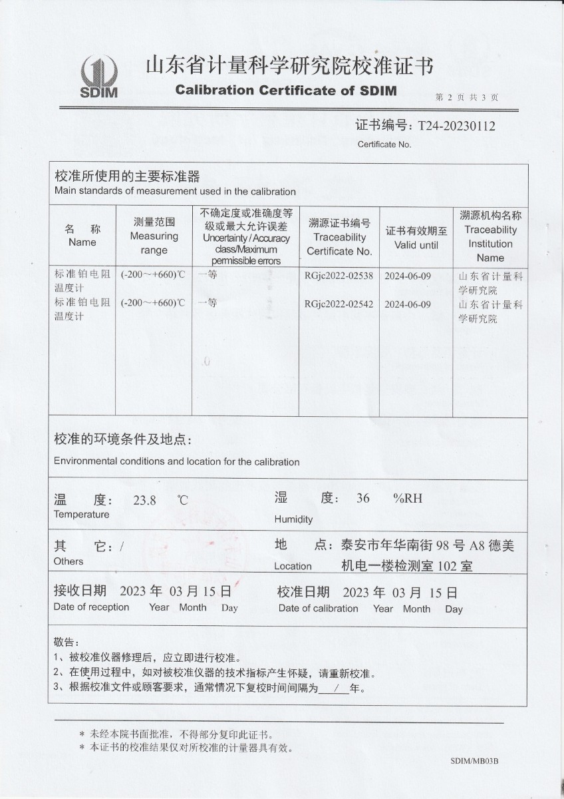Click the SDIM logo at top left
click(x=98, y=77)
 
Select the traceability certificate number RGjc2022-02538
click(x=339, y=274)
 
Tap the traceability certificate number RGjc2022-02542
click(x=339, y=304)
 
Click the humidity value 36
click(x=362, y=498)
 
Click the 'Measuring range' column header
click(x=154, y=236)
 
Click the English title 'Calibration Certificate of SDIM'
click(x=286, y=91)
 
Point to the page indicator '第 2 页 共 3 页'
click(x=466, y=97)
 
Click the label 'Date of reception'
click(x=91, y=607)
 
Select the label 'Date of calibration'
click(x=318, y=608)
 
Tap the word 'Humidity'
click(x=293, y=519)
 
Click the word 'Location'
click(x=293, y=567)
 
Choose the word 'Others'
click(x=69, y=561)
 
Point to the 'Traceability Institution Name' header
click(x=490, y=236)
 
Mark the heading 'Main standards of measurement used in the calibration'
click(x=175, y=192)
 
